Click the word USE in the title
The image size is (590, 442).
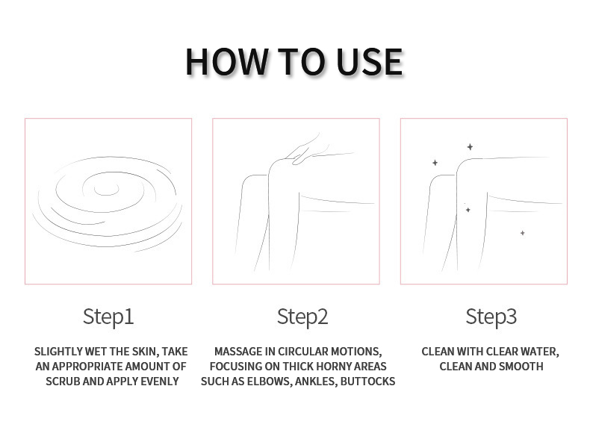coord(369,62)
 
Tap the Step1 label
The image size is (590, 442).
coord(108,317)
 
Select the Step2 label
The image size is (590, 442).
coord(302,317)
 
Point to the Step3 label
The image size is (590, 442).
coord(491,317)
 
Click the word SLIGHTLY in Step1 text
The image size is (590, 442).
coord(58,352)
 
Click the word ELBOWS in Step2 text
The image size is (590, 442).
coord(269,382)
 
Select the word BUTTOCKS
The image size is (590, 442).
coord(367,382)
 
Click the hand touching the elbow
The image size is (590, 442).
coord(307,151)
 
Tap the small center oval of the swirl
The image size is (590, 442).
coord(107,190)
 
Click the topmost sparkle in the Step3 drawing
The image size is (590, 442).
coord(470,146)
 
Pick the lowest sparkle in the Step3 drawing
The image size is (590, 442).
coord(523,233)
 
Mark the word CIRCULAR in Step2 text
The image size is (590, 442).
coord(304,352)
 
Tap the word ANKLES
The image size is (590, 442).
coord(316,382)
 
